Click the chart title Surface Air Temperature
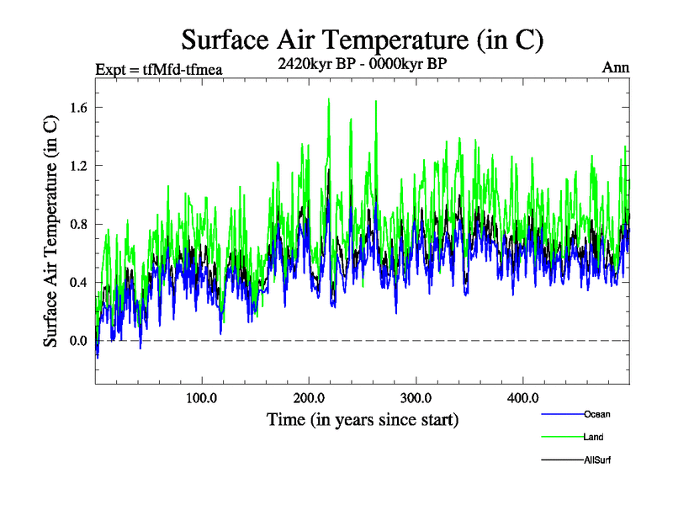[x=362, y=40]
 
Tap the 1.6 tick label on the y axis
[x=80, y=107]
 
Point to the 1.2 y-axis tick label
[x=80, y=165]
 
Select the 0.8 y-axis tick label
[x=80, y=224]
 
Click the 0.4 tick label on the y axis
[x=80, y=282]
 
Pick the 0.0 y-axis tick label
[x=80, y=341]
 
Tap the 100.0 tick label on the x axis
[x=202, y=397]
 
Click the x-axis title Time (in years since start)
[x=363, y=418]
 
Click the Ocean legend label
[x=596, y=414]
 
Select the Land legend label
[x=593, y=437]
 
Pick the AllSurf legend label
[x=596, y=460]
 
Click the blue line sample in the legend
[x=560, y=414]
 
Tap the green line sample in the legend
[x=560, y=437]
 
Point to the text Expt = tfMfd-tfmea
[x=154, y=69]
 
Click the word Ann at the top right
[x=616, y=67]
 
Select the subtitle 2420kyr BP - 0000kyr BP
[x=362, y=62]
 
